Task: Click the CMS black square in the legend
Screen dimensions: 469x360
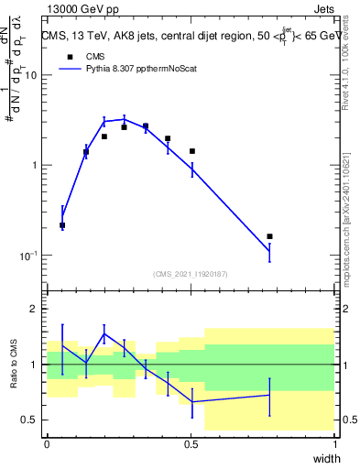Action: pos(70,56)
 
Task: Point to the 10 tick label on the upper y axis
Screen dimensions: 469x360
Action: pos(30,76)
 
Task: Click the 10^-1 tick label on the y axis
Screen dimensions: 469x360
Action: pos(28,256)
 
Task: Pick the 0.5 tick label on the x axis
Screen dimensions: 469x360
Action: pos(191,444)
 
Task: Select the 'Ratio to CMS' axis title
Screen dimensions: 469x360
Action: pos(15,365)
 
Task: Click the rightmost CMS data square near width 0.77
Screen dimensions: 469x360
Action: pos(269,236)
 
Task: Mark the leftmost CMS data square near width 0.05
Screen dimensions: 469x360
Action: pos(62,224)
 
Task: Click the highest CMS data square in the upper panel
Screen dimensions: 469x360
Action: pos(145,126)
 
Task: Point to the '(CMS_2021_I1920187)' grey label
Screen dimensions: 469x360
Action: pos(191,273)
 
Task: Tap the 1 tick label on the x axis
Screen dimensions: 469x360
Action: pos(335,444)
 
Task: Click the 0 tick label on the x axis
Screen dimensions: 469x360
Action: pos(47,444)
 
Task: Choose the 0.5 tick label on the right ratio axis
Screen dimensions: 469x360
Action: pos(346,420)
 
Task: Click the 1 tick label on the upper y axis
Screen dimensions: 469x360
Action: pos(33,166)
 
